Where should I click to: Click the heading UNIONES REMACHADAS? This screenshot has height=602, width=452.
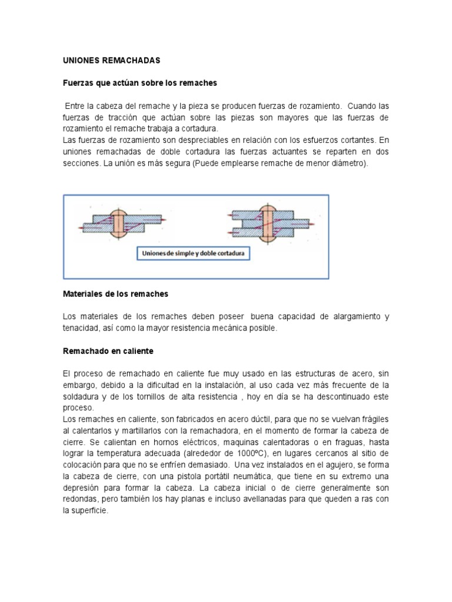[111, 61]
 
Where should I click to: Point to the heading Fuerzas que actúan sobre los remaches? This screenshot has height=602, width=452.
[140, 83]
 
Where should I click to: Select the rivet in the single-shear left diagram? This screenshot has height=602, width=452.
[119, 223]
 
